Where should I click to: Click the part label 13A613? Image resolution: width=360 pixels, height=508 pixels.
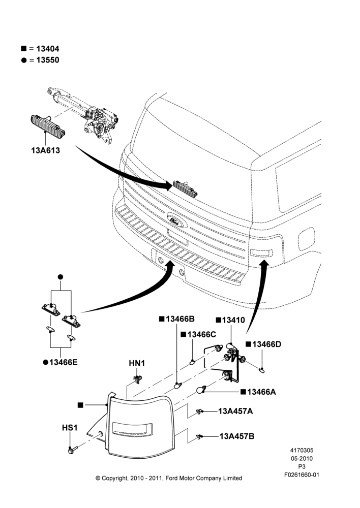[45, 150]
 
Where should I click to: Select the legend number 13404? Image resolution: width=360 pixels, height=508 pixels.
[48, 49]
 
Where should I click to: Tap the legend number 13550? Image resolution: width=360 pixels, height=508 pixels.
[48, 60]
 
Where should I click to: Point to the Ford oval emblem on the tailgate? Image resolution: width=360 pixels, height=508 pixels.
[177, 220]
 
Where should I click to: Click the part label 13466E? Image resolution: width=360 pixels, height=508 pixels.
[64, 362]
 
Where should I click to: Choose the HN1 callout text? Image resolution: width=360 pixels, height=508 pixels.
[137, 364]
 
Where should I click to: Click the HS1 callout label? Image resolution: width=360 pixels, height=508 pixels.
[70, 428]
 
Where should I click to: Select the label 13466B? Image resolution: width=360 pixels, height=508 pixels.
[180, 319]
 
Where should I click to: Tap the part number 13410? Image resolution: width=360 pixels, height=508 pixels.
[234, 320]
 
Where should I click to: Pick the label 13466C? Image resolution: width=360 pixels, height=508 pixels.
[202, 334]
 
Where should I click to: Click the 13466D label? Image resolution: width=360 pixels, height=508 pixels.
[266, 344]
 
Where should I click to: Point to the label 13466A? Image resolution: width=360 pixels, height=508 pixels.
[261, 392]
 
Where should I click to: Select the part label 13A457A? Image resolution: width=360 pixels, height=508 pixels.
[235, 411]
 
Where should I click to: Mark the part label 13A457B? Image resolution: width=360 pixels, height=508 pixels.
[237, 436]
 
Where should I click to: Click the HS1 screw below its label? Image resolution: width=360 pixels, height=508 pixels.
[72, 450]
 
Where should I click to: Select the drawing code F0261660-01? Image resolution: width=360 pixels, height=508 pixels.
[302, 474]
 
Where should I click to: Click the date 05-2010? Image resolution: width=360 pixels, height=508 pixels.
[302, 458]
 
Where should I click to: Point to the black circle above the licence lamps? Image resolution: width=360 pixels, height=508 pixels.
[61, 277]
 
